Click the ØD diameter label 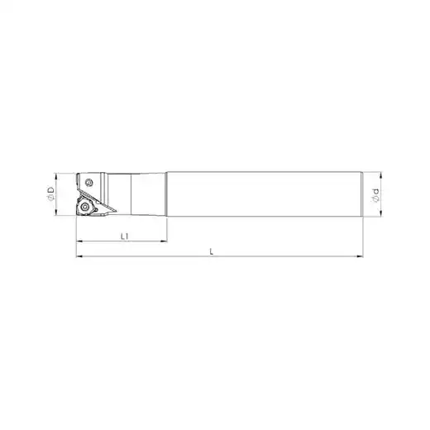pos(51,193)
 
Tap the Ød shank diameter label pos(375,195)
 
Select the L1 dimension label pos(125,236)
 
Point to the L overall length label pos(212,251)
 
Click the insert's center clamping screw pos(85,207)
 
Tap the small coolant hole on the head pos(88,182)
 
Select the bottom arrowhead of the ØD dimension pos(56,213)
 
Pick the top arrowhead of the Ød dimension pos(381,174)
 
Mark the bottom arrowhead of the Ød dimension pos(381,213)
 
